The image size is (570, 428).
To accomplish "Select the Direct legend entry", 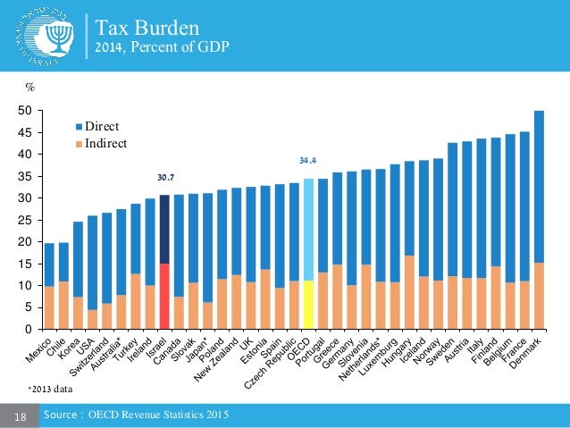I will click(x=101, y=128).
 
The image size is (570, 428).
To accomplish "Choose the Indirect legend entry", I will click(x=104, y=143).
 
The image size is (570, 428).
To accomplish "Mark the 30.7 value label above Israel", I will click(x=164, y=178).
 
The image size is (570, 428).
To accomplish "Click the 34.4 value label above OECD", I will click(x=308, y=162).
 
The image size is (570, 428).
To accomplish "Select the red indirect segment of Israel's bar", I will click(x=164, y=296).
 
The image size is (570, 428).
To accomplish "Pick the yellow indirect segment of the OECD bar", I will click(x=308, y=305).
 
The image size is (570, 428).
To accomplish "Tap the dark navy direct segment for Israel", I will click(x=164, y=229).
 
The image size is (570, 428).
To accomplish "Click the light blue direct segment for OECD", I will click(x=308, y=230).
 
